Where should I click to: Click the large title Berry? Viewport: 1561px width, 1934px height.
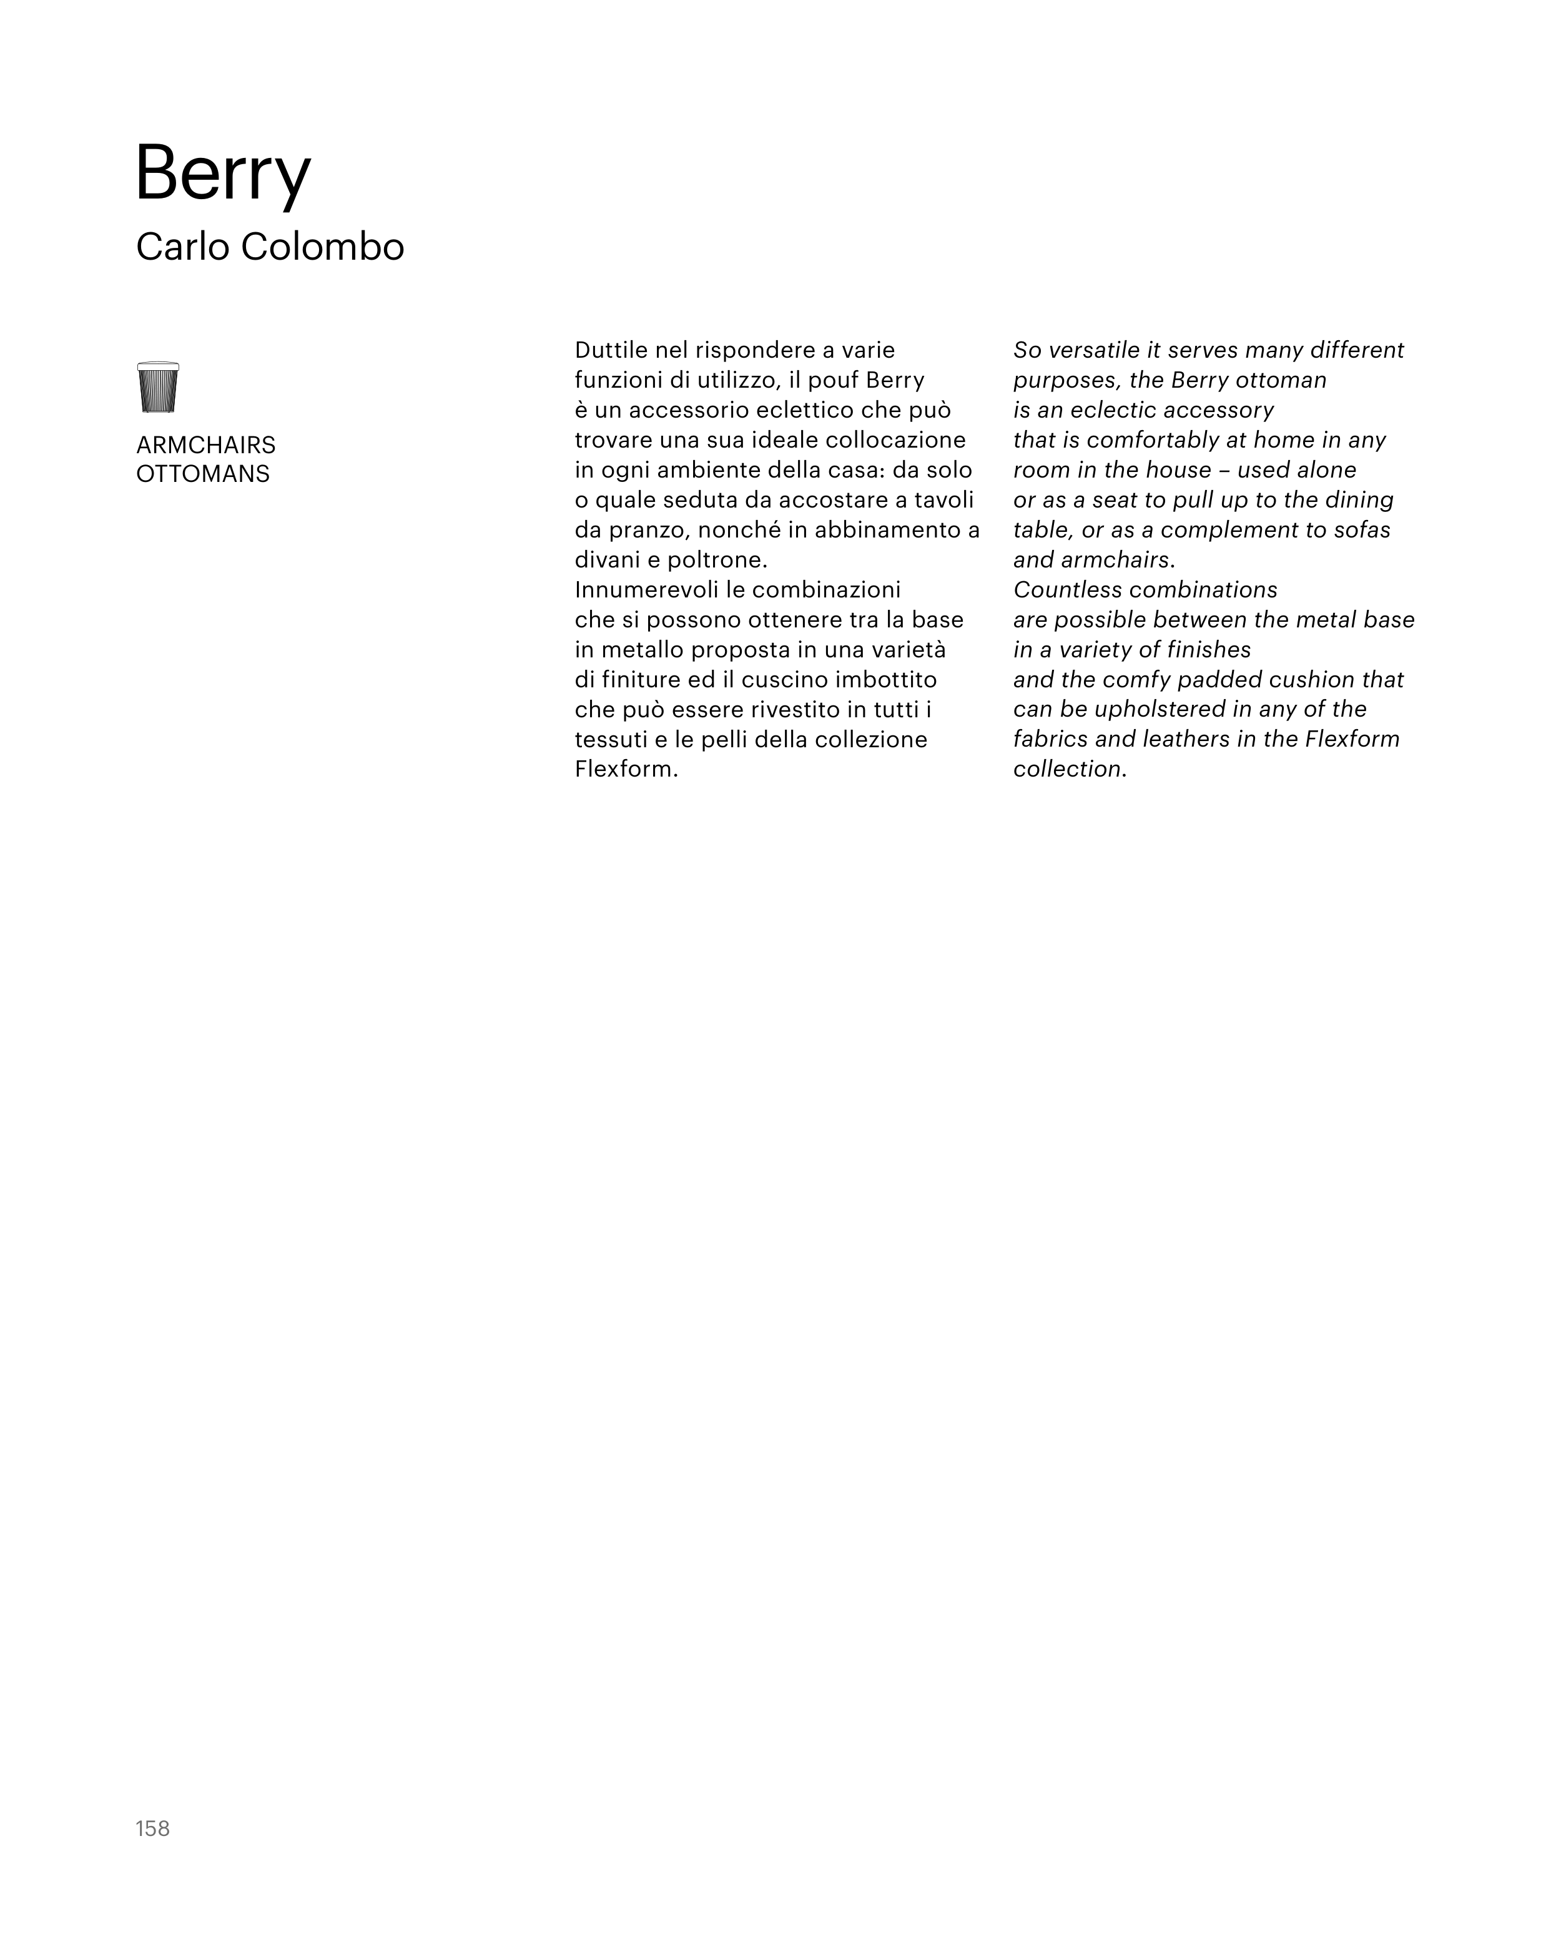(222, 174)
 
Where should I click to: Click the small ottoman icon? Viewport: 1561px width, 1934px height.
(158, 388)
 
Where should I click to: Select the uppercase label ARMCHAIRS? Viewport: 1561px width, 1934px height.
(206, 445)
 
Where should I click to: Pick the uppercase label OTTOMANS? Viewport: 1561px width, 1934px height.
(202, 474)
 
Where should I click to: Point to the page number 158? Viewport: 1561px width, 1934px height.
(153, 1828)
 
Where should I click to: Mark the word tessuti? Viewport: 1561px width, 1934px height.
(613, 739)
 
